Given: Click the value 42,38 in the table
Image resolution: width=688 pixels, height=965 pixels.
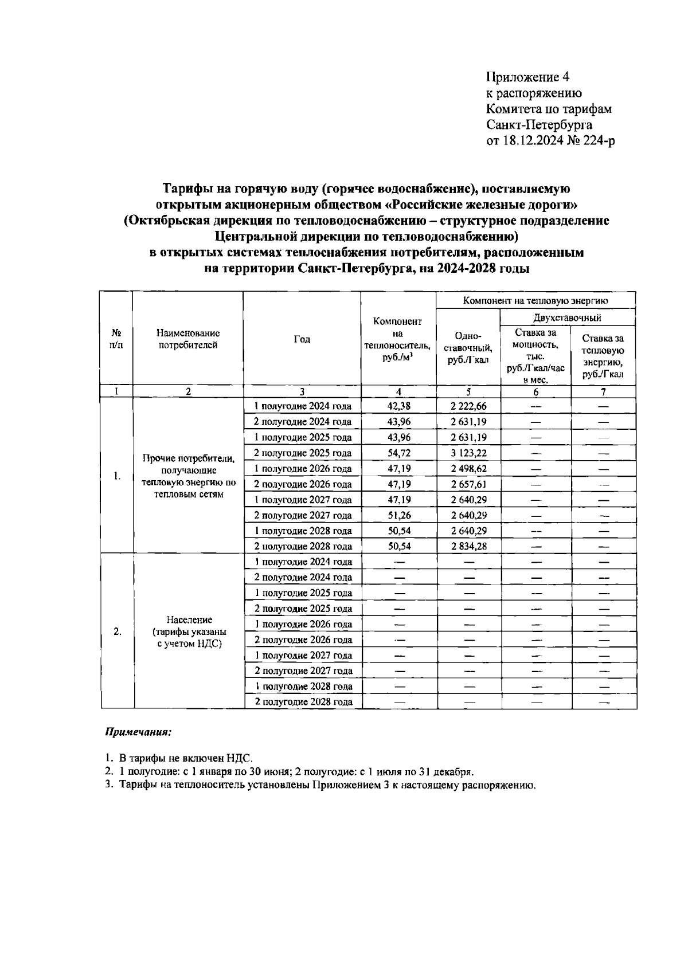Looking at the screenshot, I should coord(398,406).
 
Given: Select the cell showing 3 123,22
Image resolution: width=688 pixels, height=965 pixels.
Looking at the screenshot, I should coord(468,453).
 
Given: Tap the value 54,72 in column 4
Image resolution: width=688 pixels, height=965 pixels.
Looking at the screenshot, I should coord(398,453).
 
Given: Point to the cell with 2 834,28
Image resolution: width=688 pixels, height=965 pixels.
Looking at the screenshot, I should coord(468,547).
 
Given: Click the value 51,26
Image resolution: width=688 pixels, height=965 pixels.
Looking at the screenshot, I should coord(398,516).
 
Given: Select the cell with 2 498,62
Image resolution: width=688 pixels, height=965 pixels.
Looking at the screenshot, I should coord(468,469).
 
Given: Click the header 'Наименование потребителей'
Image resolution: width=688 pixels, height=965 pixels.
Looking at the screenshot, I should coord(188,339).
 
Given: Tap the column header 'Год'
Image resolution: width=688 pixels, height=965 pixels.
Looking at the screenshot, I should coord(302,339).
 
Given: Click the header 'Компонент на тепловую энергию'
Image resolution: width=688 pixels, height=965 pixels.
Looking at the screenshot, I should coord(535,300).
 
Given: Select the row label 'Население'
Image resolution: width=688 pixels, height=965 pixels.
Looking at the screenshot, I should coord(189,620).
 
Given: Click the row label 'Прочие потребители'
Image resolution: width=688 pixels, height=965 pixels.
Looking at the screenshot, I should coord(189,458).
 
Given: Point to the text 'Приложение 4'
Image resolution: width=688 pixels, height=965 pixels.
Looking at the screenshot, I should coord(527,77).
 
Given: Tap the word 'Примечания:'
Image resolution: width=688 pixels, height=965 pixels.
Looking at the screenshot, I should coord(138,732).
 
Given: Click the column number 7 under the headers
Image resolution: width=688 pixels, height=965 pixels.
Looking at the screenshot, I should coord(603,392).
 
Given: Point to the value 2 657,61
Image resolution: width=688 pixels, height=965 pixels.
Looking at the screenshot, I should coord(468,485).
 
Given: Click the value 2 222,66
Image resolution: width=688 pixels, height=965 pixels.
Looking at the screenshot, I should coord(468,406).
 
